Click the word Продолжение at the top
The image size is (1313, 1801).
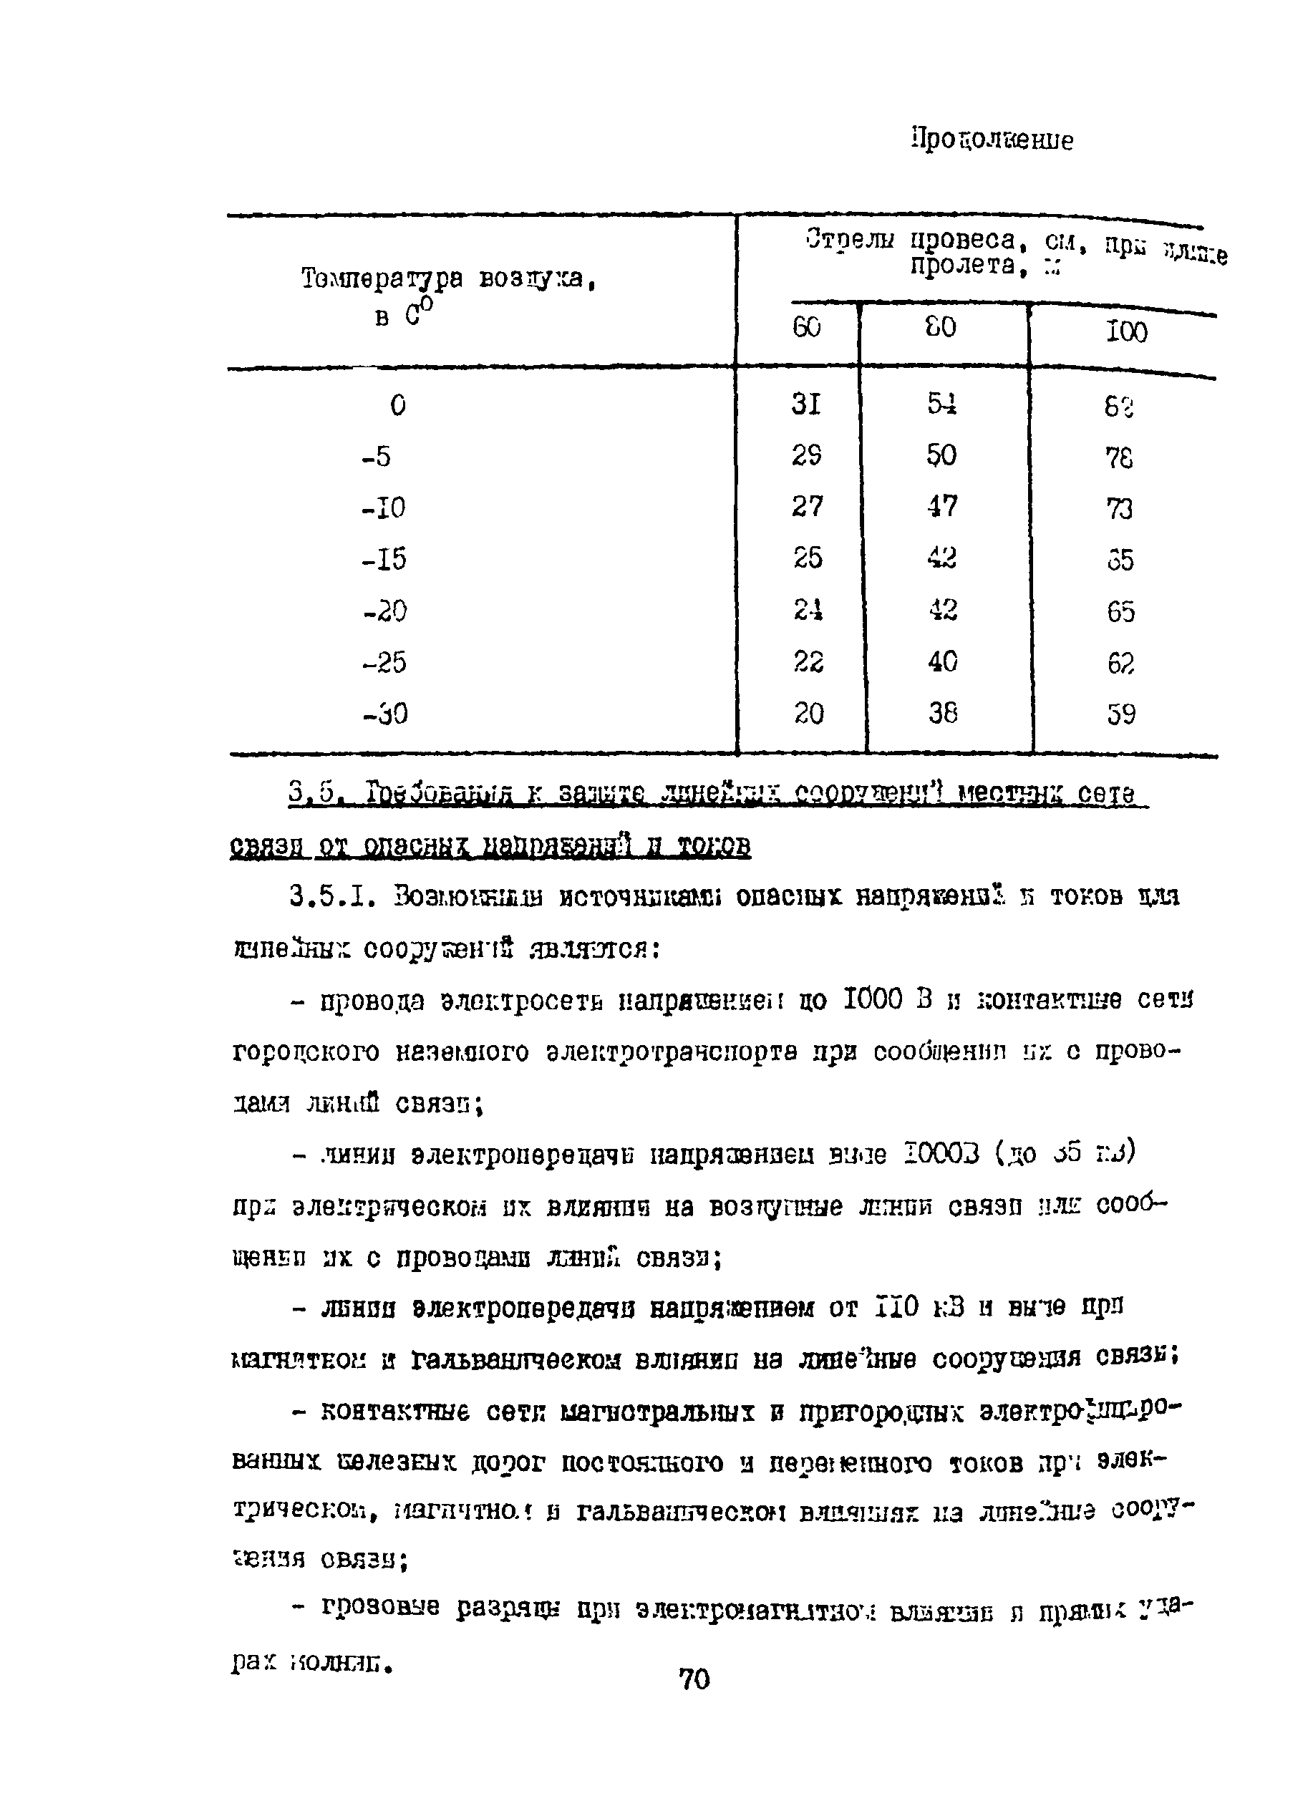(991, 140)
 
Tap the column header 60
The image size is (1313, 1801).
(806, 327)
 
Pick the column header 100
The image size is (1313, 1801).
(1126, 331)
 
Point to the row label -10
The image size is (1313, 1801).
(383, 508)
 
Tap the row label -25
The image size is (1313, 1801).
(384, 661)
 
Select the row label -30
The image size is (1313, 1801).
(384, 714)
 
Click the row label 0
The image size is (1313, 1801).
(398, 406)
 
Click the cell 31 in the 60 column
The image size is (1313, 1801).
(806, 405)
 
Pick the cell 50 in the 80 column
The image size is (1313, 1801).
(942, 455)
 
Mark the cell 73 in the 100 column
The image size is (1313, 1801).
(1119, 508)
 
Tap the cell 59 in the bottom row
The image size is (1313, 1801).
(1120, 714)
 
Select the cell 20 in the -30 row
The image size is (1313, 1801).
(808, 714)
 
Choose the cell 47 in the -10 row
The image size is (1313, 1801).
(942, 506)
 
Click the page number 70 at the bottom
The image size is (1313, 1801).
(694, 1679)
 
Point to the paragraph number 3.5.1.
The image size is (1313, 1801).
(337, 897)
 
